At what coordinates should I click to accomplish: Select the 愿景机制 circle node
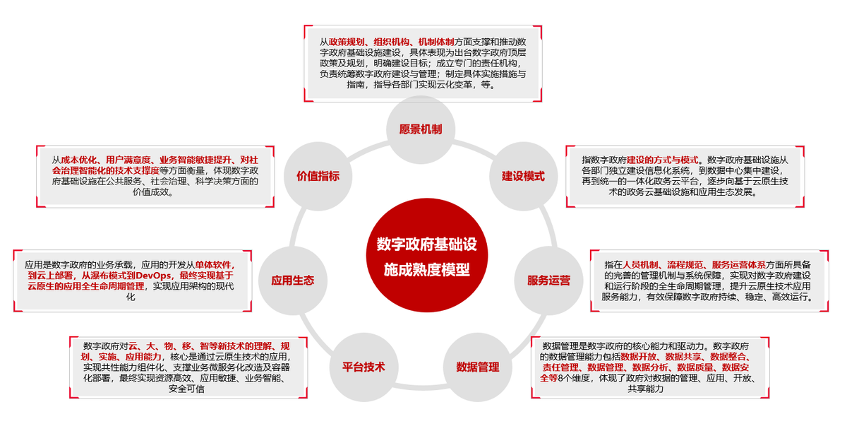[x=421, y=129]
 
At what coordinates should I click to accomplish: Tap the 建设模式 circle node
[x=523, y=176]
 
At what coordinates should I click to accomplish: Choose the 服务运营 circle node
[x=548, y=280]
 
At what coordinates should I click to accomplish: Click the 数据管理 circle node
[x=477, y=367]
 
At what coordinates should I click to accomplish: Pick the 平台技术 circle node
[x=364, y=367]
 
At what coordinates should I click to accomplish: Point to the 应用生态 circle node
[x=292, y=280]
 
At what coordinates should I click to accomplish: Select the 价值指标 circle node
[x=318, y=176]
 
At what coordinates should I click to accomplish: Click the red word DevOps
[x=155, y=275]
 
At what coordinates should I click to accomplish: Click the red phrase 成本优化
[x=77, y=160]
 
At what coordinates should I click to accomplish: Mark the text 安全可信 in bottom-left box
[x=186, y=389]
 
